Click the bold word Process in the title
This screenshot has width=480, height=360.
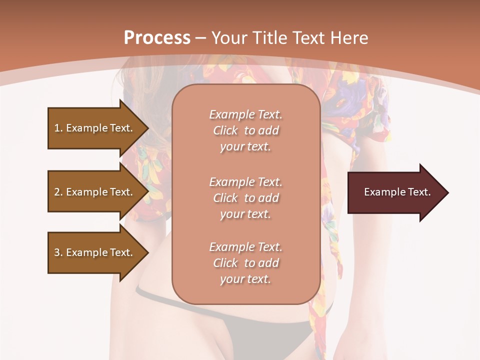pyautogui.click(x=157, y=38)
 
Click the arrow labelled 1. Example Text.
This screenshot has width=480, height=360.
pyautogui.click(x=95, y=128)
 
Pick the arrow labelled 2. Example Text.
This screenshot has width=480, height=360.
pyautogui.click(x=95, y=192)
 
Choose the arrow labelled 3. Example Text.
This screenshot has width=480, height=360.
pyautogui.click(x=95, y=252)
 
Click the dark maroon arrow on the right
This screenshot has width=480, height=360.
pyautogui.click(x=395, y=192)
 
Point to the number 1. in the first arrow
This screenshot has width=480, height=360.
pyautogui.click(x=58, y=128)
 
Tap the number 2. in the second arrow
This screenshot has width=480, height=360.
pyautogui.click(x=58, y=192)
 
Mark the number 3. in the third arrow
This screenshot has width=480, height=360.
pyautogui.click(x=58, y=252)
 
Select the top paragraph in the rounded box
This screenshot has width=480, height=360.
pyautogui.click(x=245, y=130)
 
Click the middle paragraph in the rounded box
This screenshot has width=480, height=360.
pyautogui.click(x=245, y=198)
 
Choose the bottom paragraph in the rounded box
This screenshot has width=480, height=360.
pyautogui.click(x=245, y=263)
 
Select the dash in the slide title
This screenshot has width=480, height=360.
pyautogui.click(x=201, y=38)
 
